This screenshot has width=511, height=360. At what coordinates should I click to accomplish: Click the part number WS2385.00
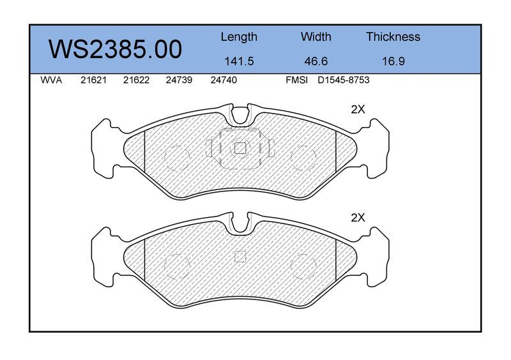click(x=115, y=50)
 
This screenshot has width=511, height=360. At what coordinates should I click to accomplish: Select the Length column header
click(x=239, y=37)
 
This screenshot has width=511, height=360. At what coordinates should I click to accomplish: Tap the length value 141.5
click(x=239, y=61)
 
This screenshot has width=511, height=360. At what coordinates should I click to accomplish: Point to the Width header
click(x=316, y=36)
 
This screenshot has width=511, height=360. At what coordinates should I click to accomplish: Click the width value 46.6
click(x=316, y=61)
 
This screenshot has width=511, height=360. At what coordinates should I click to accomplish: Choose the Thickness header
click(x=393, y=36)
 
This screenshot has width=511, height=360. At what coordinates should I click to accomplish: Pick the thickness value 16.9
click(x=393, y=61)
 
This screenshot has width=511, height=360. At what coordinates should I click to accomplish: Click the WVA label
click(x=51, y=80)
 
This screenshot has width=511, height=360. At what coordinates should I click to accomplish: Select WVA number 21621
click(x=93, y=80)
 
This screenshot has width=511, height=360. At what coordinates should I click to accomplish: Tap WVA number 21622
click(x=136, y=80)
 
